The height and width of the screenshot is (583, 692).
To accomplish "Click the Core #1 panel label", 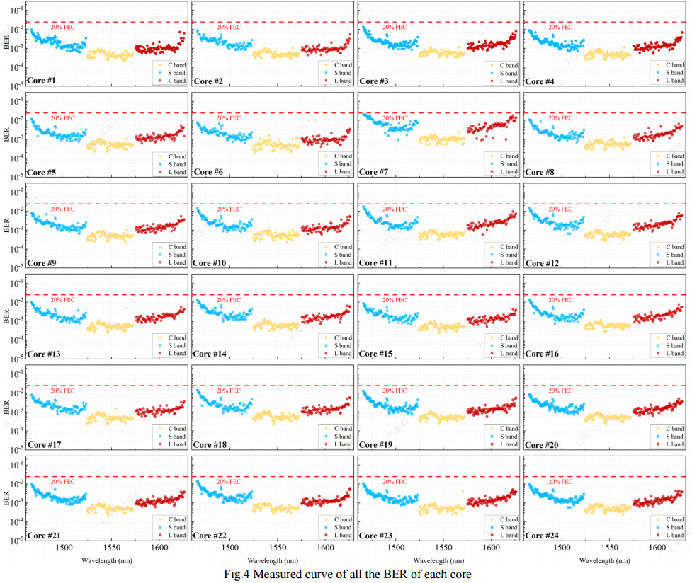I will (42, 81).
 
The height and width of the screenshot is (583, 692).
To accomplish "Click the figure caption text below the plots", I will (345, 575).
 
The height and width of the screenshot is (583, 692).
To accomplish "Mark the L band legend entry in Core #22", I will (341, 536).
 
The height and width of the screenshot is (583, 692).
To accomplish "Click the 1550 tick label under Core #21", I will (111, 548).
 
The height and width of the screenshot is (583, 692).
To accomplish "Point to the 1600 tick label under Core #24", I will (657, 548).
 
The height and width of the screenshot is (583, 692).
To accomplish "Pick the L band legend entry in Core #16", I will (673, 354).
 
